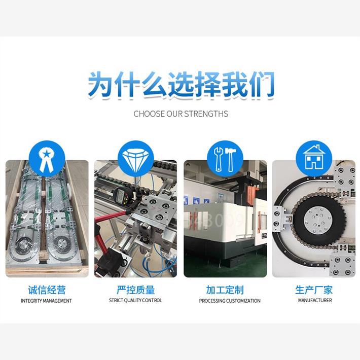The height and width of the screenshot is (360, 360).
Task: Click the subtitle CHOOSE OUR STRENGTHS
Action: [181, 114]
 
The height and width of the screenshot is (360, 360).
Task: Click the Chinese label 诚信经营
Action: [47, 290]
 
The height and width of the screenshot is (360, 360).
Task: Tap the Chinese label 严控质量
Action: [135, 290]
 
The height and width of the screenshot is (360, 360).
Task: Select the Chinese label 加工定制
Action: [225, 290]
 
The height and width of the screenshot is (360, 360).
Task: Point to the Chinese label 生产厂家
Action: [314, 290]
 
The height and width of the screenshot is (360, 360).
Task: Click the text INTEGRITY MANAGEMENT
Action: [47, 301]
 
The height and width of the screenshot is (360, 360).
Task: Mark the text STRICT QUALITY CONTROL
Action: [135, 301]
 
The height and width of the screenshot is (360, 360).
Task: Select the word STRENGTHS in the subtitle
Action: [205, 114]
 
